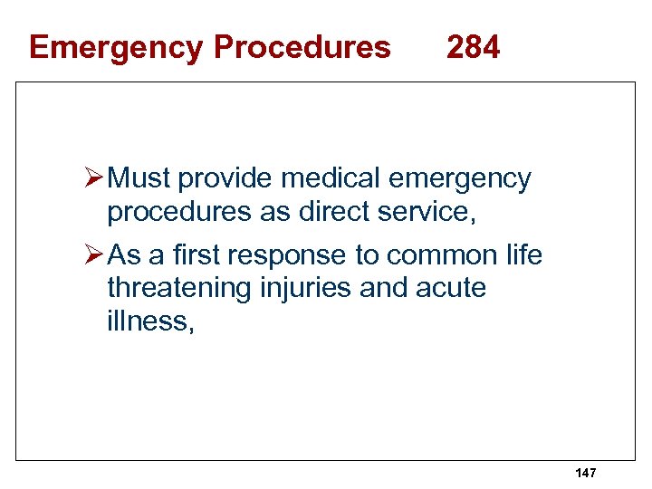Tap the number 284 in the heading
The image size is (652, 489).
pyautogui.click(x=473, y=46)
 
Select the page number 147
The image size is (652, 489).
pyautogui.click(x=586, y=474)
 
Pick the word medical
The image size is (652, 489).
pyautogui.click(x=322, y=179)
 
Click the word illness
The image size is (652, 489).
pyautogui.click(x=149, y=321)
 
